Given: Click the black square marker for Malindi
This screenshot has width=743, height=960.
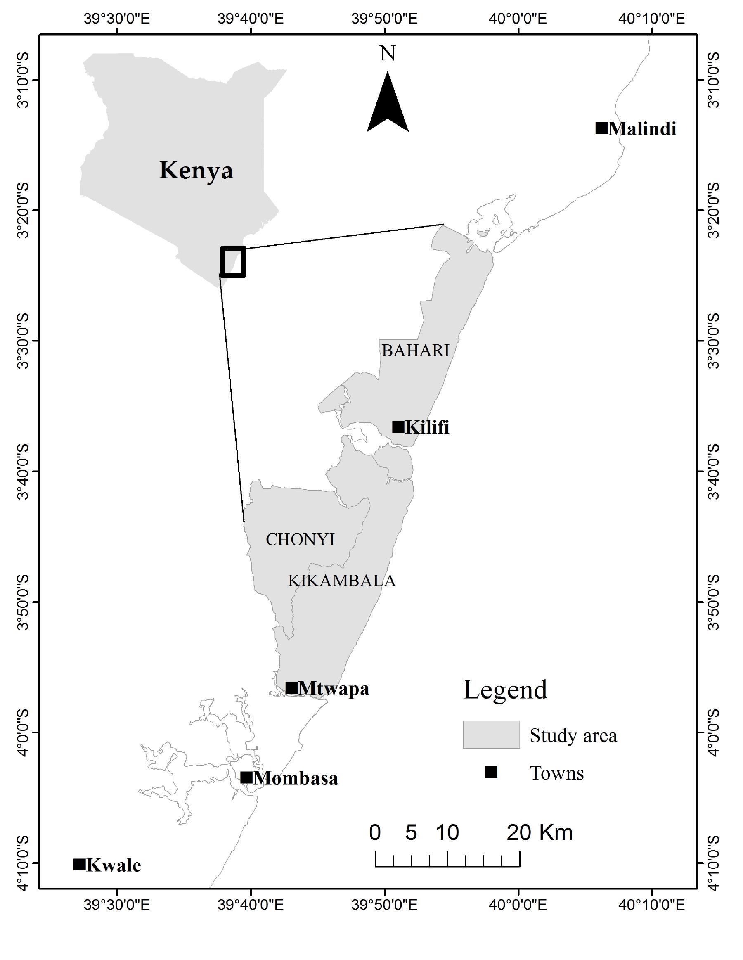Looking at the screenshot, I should tap(601, 128).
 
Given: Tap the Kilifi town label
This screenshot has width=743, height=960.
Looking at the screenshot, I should tap(427, 427).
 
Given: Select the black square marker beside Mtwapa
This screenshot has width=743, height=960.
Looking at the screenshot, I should tap(291, 687).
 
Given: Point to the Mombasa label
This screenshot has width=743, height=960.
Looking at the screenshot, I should tap(296, 778).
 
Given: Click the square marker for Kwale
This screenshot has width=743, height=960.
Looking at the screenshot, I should tap(79, 865).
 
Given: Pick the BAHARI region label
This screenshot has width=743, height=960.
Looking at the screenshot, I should tap(416, 350).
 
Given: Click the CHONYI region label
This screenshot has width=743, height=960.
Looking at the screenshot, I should tap(300, 539).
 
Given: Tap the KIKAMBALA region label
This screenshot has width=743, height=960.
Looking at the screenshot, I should tap(342, 581).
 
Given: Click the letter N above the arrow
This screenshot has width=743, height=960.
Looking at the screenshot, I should tap(388, 54).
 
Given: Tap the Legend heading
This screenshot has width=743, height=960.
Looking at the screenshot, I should tap(505, 690).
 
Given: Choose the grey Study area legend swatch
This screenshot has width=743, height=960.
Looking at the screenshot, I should tap(491, 735).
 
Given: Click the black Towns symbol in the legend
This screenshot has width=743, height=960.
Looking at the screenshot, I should tap(491, 772).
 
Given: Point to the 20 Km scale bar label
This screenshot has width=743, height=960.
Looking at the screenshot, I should tap(540, 832).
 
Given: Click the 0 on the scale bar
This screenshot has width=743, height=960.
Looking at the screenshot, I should tap(375, 832).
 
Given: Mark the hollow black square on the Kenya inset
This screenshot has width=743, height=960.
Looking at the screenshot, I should tap(233, 262).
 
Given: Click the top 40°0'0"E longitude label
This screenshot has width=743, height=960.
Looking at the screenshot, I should tap(519, 19).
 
